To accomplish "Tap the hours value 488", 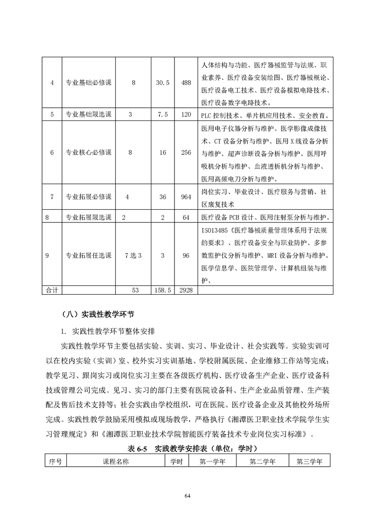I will pyautogui.click(x=186, y=83).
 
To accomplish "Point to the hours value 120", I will pyautogui.click(x=186, y=115).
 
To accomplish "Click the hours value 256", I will pyautogui.click(x=186, y=152).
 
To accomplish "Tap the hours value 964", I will pyautogui.click(x=186, y=197).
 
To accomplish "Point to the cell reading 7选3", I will pyautogui.click(x=133, y=256).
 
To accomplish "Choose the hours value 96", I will pyautogui.click(x=186, y=256).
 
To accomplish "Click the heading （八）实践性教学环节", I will pyautogui.click(x=99, y=313).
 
